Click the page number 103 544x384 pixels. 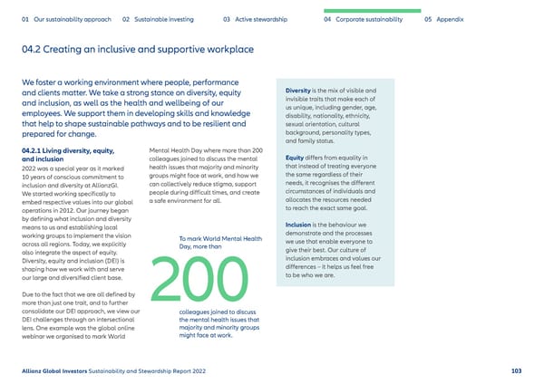516,370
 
